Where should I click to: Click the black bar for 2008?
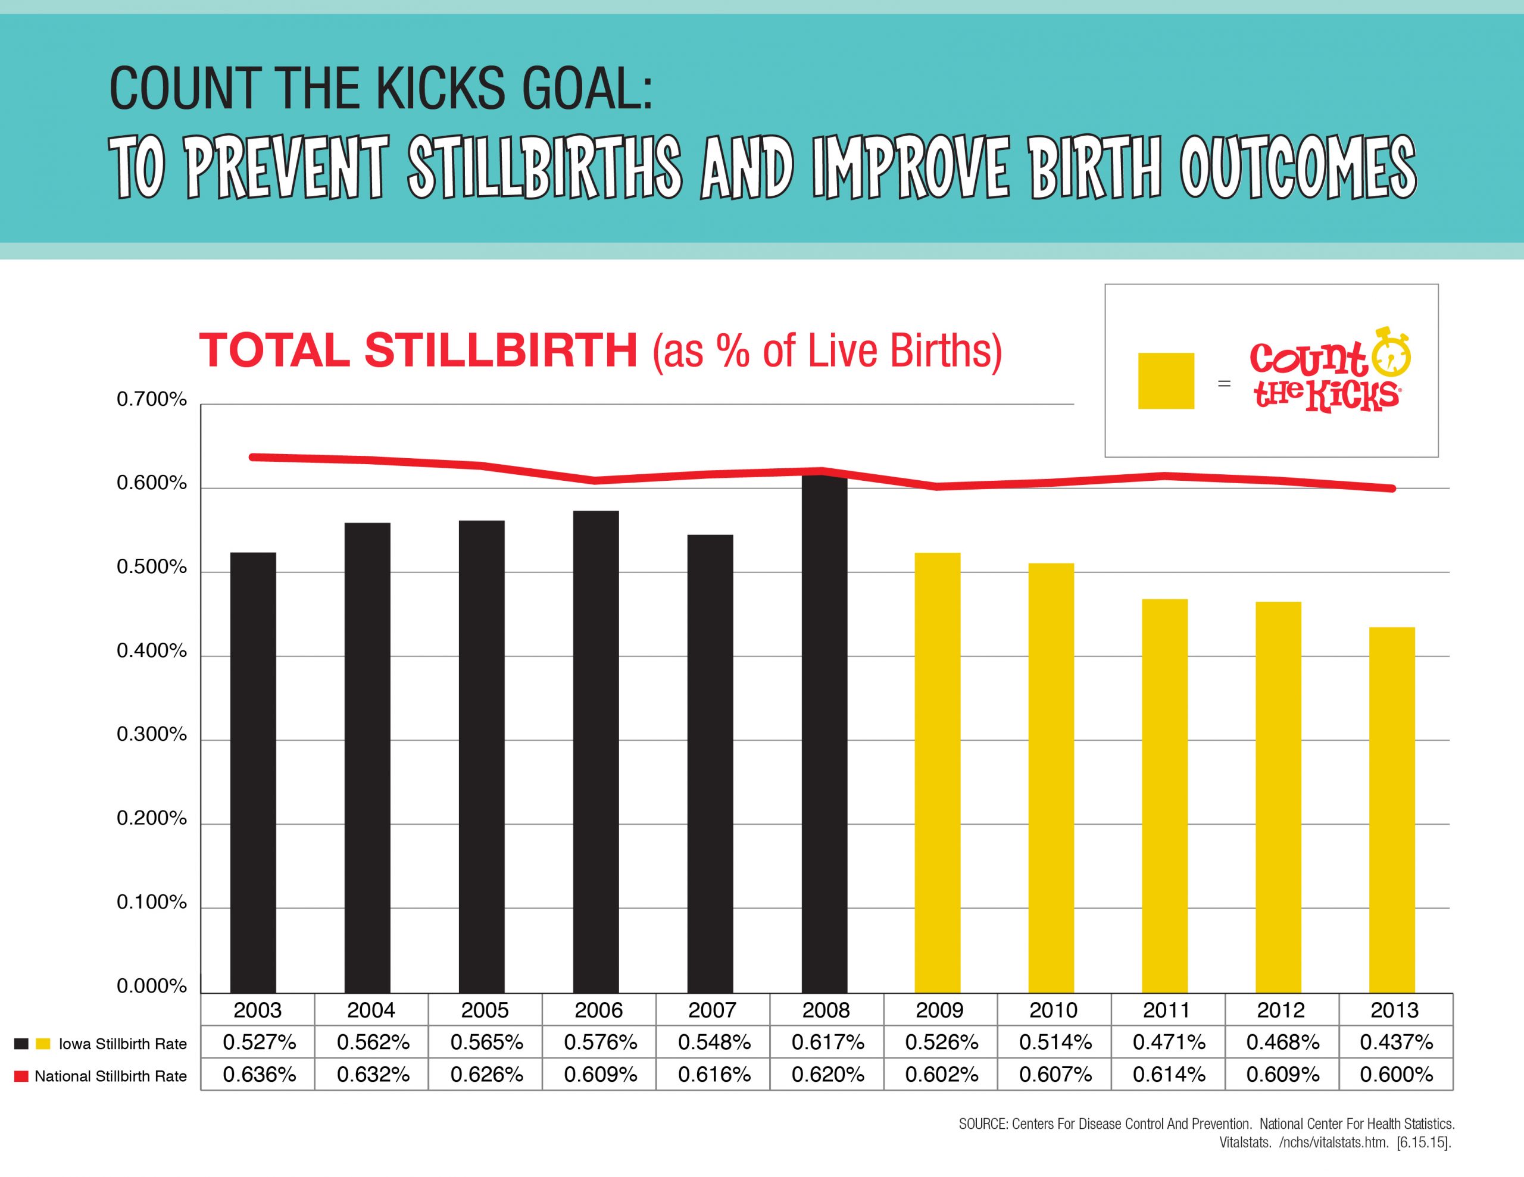coord(824,733)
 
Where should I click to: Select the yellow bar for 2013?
coord(1391,809)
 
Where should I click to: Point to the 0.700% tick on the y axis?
coord(151,399)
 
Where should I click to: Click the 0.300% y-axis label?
coord(151,735)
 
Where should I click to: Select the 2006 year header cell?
coord(599,1010)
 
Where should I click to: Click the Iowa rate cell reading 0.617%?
coord(827,1043)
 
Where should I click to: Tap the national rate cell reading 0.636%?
coord(259,1075)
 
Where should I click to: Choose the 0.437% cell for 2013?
coord(1396,1043)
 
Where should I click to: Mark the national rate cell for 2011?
coord(1169,1075)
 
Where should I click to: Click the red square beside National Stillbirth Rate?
coord(21,1076)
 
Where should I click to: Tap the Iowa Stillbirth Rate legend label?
coord(123,1044)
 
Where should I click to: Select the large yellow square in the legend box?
coord(1166,380)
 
